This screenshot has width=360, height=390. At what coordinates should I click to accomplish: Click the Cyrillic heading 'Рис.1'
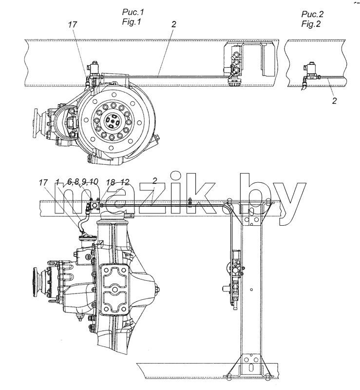click(x=133, y=12)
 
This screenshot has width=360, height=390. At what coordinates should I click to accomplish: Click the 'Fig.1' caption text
click(x=132, y=22)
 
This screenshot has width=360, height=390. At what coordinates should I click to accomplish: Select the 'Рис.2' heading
click(x=313, y=14)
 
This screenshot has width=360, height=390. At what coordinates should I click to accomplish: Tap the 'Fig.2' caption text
click(x=311, y=24)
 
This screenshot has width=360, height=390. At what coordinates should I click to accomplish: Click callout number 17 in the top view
click(x=73, y=24)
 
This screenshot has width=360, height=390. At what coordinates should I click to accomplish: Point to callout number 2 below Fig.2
click(x=334, y=101)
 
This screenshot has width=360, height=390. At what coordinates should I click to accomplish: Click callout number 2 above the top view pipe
click(x=173, y=24)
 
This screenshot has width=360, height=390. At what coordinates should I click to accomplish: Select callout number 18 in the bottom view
click(x=111, y=182)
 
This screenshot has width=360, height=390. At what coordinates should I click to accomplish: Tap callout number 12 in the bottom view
click(x=125, y=182)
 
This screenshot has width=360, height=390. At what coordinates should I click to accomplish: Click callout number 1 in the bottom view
click(x=57, y=182)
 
